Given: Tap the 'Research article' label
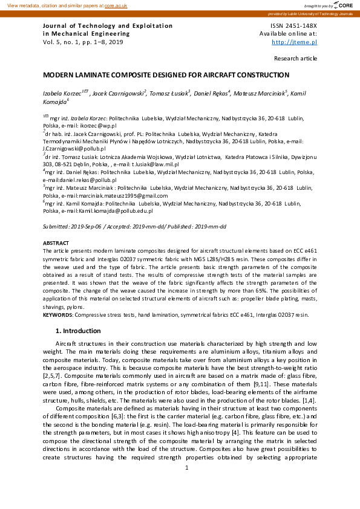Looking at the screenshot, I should click(x=295, y=59).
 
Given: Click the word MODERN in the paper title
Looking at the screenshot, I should click(x=59, y=76).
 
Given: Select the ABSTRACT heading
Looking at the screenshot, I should click(x=56, y=242).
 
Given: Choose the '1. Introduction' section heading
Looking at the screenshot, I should click(x=78, y=331).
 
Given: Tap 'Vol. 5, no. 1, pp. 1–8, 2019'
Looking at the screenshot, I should click(x=83, y=42).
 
